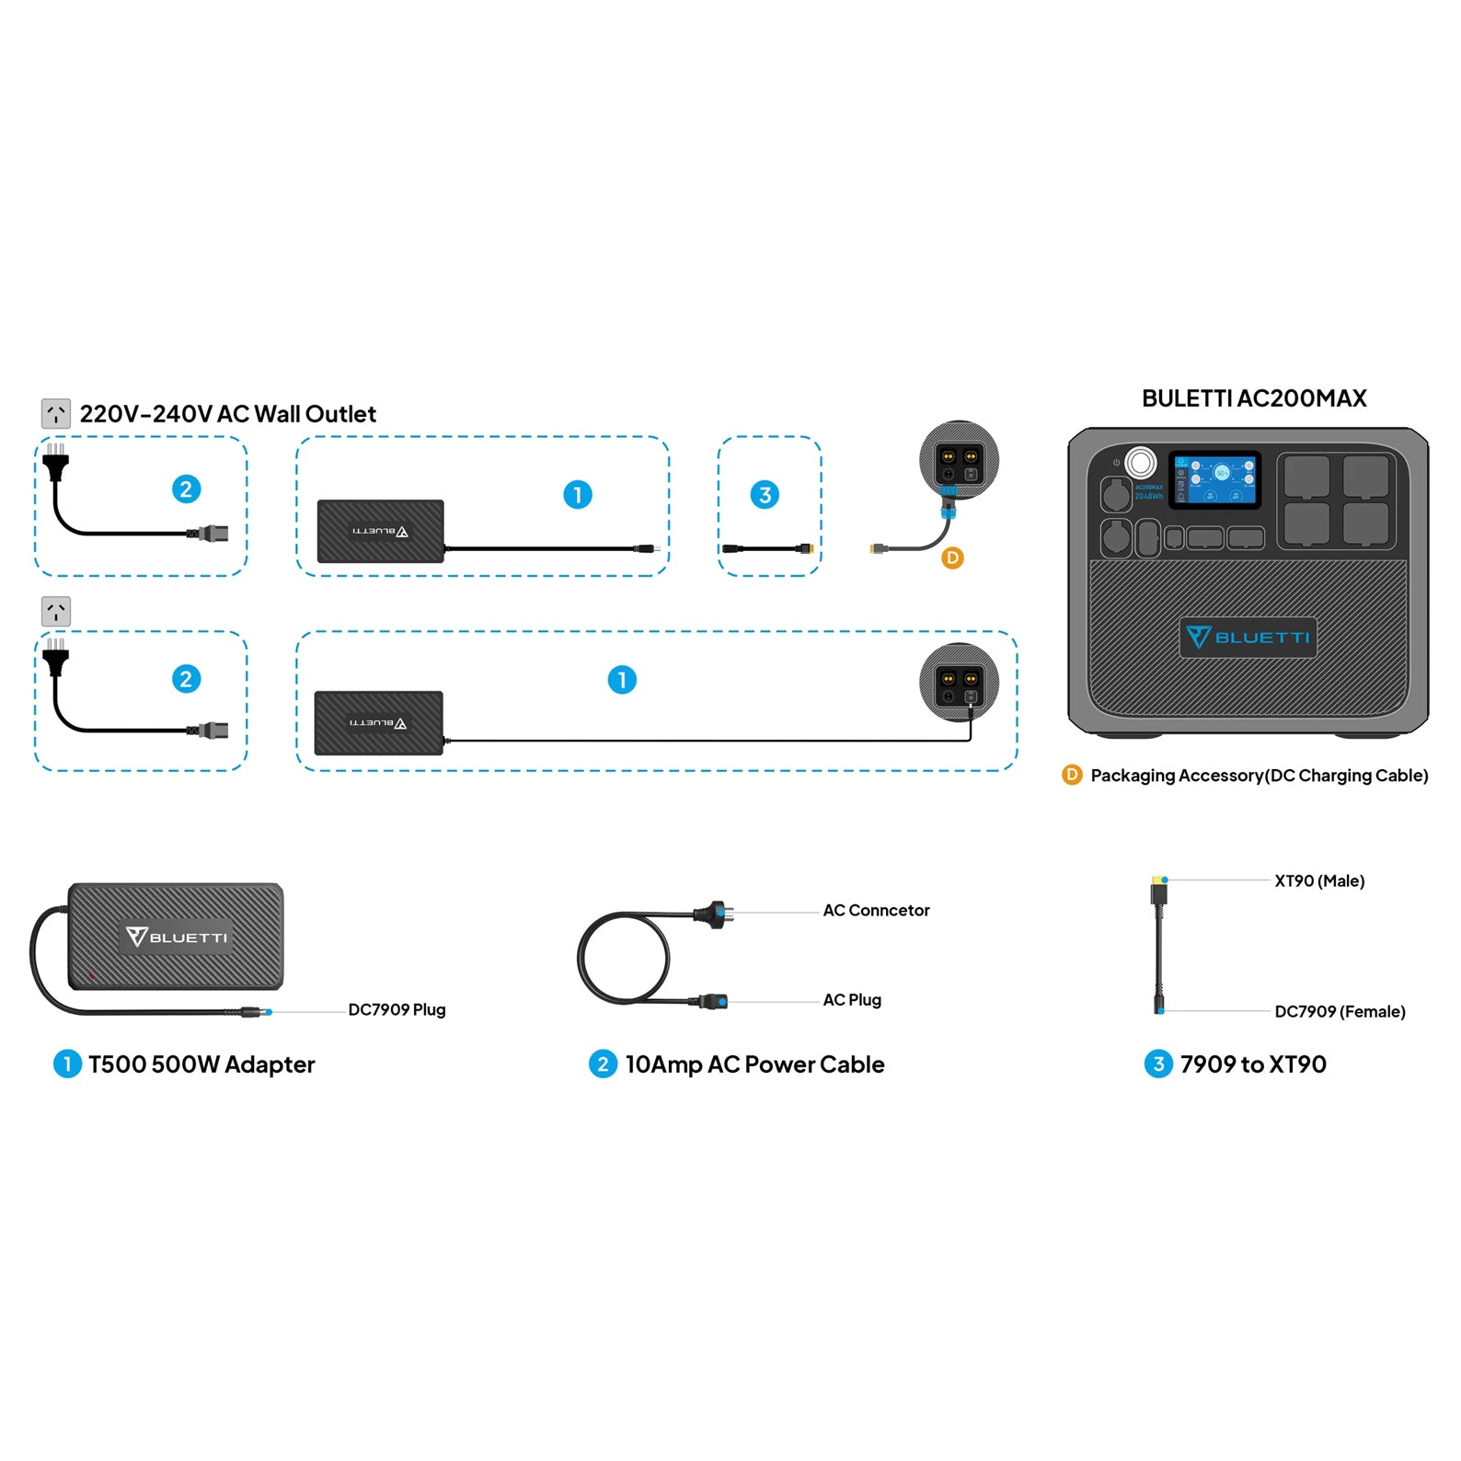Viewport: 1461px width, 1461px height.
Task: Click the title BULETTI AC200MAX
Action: point(1253,398)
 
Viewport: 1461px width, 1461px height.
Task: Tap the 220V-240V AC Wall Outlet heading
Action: point(227,414)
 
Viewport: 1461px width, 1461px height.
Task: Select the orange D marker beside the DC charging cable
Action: point(952,558)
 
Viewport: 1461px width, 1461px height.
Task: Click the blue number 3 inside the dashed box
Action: point(765,495)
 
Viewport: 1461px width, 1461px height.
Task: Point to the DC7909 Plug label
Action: point(397,1009)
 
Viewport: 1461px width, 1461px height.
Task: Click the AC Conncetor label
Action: point(876,910)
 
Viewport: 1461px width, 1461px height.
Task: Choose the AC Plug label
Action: point(852,999)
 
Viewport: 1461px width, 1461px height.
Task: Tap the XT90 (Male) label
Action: point(1319,880)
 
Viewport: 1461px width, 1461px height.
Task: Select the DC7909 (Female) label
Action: point(1340,1011)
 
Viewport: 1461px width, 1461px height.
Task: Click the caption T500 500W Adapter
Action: point(201,1064)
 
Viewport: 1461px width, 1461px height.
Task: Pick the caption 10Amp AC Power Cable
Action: point(754,1064)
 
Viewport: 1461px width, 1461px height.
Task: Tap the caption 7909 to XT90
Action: point(1253,1064)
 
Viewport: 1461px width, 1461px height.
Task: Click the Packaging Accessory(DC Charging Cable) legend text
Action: point(1259,776)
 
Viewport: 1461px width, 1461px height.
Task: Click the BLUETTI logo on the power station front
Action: point(1248,637)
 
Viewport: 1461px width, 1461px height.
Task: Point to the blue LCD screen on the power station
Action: point(1214,480)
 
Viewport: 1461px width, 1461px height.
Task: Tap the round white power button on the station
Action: point(1141,462)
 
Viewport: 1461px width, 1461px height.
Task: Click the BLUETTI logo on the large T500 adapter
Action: point(177,937)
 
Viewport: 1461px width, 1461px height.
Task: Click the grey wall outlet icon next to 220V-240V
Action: point(56,414)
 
